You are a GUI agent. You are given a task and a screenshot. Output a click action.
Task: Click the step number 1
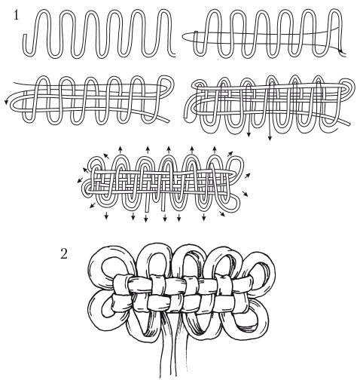point(16,16)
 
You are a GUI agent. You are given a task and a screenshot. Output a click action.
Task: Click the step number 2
point(64,253)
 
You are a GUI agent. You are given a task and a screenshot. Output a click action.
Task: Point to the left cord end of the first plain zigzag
point(25,35)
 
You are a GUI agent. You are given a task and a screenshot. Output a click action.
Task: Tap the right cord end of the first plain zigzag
point(173,55)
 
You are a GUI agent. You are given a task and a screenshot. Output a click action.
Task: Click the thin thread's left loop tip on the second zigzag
point(183,37)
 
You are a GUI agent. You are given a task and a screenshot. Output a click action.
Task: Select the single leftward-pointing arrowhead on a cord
point(6,102)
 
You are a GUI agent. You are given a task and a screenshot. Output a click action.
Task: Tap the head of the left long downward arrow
point(249,135)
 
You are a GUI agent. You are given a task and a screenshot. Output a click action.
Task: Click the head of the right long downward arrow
point(270,138)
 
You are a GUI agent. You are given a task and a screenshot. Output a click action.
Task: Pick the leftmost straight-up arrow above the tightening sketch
point(121,149)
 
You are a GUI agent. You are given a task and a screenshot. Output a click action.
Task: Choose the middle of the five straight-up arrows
point(169,149)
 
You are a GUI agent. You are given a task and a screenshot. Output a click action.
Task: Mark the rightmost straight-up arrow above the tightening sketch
point(215,149)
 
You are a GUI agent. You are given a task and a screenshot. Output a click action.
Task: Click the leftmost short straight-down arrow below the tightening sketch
point(106,216)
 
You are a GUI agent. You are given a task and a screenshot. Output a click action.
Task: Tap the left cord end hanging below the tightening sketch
point(147,210)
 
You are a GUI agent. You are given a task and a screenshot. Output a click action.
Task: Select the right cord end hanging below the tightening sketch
point(163,210)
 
